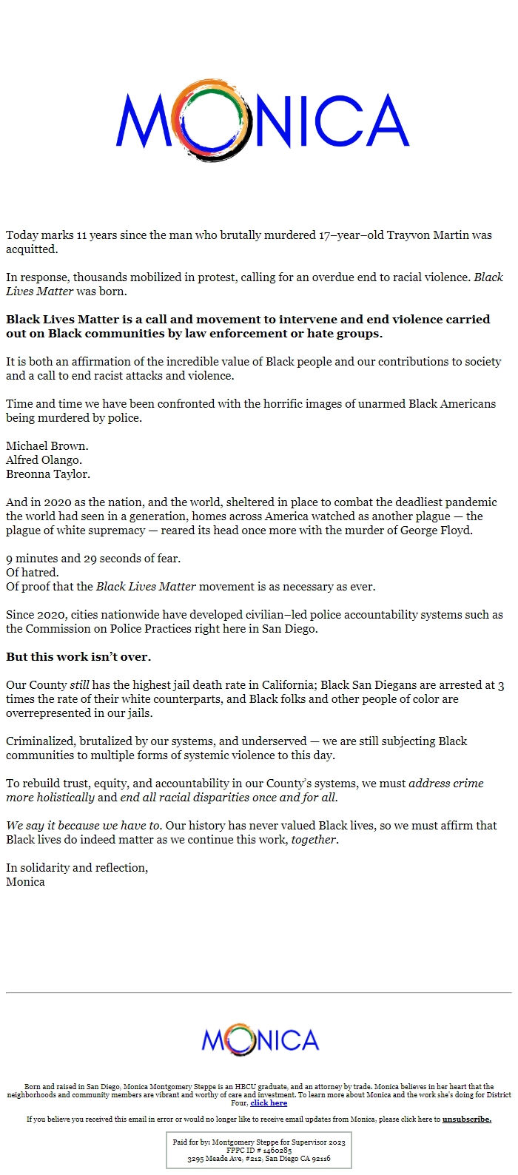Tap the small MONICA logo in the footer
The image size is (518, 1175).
[260, 1040]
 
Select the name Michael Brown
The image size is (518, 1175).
[47, 446]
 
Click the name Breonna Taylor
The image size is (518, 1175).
[48, 474]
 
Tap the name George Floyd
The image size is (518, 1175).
[434, 531]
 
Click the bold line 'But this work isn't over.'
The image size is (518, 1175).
[78, 657]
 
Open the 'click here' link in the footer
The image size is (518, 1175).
[269, 1103]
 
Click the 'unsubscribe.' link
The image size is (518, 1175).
[466, 1120]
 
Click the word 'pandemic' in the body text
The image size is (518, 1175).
[470, 502]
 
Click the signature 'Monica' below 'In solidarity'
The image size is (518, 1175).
[25, 882]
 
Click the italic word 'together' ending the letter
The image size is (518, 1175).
[314, 840]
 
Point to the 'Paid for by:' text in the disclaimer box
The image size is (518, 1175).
[191, 1142]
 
